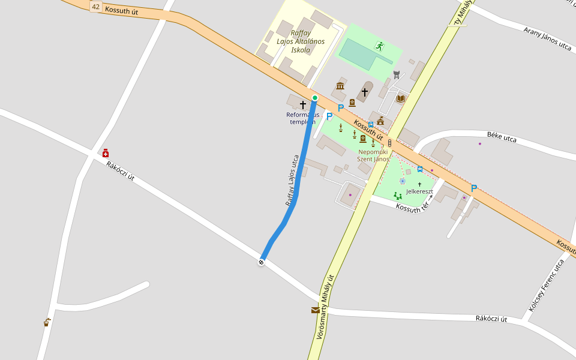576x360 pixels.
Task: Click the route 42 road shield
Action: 96,6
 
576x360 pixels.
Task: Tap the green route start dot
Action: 314,98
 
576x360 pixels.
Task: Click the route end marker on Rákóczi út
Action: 261,262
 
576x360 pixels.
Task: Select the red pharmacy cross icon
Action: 106,153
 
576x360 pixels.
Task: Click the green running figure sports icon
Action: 379,45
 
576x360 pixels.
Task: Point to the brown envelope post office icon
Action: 316,310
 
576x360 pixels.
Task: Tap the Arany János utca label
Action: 547,37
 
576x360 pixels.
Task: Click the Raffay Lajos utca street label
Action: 292,181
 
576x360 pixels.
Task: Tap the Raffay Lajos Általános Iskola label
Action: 301,41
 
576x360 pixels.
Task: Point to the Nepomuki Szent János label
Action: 373,155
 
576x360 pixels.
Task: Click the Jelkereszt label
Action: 419,191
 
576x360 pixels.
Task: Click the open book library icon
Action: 401,98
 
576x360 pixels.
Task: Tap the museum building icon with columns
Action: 340,86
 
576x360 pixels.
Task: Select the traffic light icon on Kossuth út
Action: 390,143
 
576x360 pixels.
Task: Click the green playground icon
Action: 397,196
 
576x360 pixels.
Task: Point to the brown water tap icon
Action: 47,322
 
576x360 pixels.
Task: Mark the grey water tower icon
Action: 396,74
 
